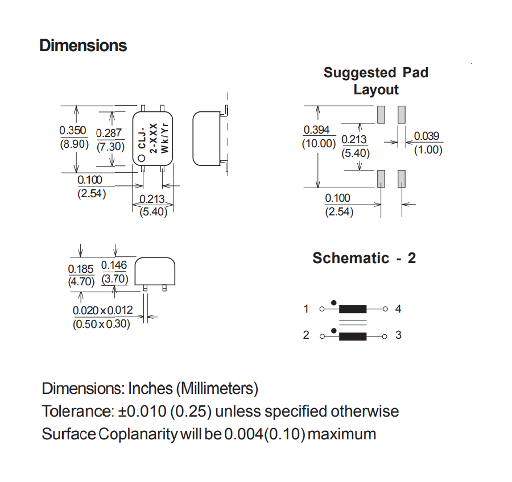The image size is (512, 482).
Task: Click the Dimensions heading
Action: tap(83, 45)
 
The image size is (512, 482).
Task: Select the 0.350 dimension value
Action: tap(73, 131)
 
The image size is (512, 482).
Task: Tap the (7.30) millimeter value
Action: tap(110, 146)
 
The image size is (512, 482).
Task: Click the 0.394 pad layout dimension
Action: tap(317, 130)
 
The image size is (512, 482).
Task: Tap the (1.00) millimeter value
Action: tap(428, 150)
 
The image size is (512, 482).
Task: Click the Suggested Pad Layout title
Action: tap(376, 81)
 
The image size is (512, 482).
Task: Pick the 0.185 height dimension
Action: tap(81, 269)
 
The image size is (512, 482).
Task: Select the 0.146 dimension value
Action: tap(114, 265)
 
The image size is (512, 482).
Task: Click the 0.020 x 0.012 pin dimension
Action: tap(102, 310)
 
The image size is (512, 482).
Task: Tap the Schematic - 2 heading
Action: tap(364, 258)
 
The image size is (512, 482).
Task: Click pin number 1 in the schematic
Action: tap(306, 309)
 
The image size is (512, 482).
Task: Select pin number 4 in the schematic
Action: tap(398, 309)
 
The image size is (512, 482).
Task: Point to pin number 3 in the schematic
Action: tap(398, 335)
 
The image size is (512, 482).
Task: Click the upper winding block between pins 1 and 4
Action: tap(352, 309)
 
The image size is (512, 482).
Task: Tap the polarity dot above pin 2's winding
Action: tap(334, 329)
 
